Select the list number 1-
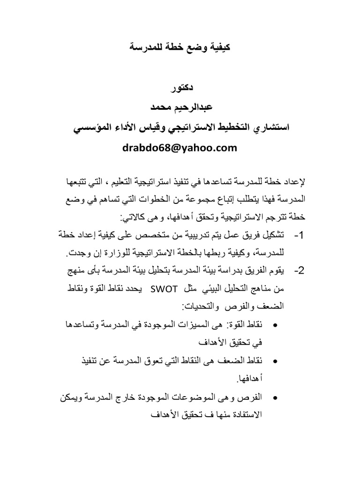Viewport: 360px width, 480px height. click(x=299, y=234)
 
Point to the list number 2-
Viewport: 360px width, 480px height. click(x=299, y=271)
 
